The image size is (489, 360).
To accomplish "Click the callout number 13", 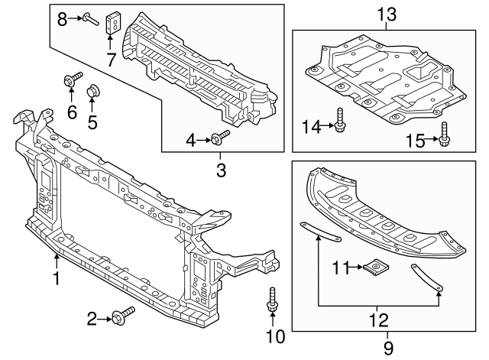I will pyautogui.click(x=387, y=14).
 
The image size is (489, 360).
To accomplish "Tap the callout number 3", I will pyautogui.click(x=221, y=170).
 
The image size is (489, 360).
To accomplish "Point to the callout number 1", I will pyautogui.click(x=56, y=279).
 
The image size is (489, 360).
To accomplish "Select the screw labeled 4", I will pyautogui.click(x=222, y=138).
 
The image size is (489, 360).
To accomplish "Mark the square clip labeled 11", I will pyautogui.click(x=375, y=267).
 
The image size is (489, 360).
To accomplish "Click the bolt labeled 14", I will pyautogui.click(x=338, y=118).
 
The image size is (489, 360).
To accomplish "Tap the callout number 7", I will pyautogui.click(x=112, y=58).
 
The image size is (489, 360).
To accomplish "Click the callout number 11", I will pyautogui.click(x=340, y=267).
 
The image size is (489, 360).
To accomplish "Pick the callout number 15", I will pyautogui.click(x=416, y=140).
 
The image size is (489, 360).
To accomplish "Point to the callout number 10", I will pyautogui.click(x=273, y=336).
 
